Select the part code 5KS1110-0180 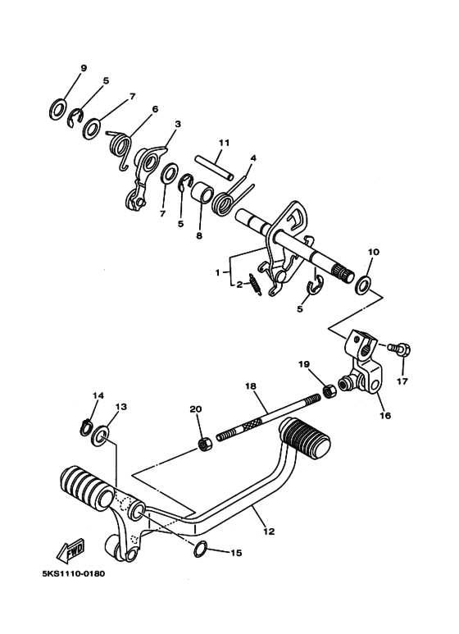(x=73, y=574)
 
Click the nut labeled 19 (x=328, y=391)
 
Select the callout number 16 (x=385, y=416)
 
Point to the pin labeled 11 (x=215, y=168)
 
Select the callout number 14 (x=98, y=395)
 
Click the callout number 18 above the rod (x=250, y=385)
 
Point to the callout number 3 (x=177, y=124)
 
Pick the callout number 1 (x=217, y=272)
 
